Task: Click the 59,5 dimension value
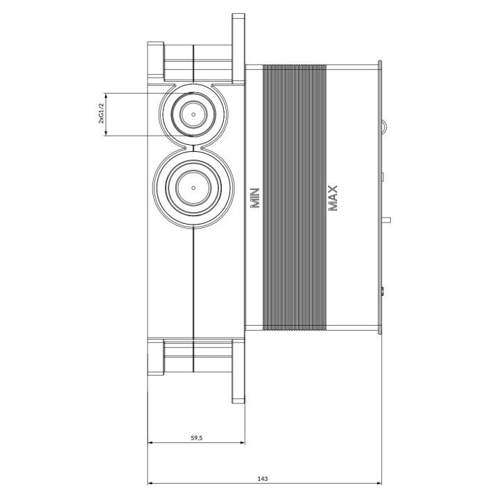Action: coord(196,437)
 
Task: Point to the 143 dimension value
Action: coord(263,478)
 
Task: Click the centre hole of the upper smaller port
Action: coord(191,112)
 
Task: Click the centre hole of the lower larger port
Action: coord(191,188)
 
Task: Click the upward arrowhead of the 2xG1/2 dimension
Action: coord(105,96)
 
